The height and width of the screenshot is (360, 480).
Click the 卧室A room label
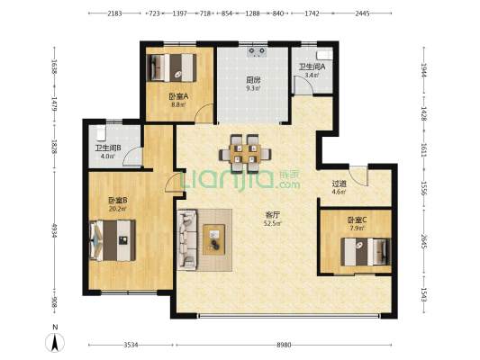179,96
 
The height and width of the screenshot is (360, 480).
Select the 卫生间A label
312,67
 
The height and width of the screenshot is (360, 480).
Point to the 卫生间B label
108,148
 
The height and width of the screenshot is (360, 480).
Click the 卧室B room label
118,201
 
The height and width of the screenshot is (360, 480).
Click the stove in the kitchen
257,52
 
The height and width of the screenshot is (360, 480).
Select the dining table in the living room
245,154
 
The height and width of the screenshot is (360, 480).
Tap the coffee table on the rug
214,239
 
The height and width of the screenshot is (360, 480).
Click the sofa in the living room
187,239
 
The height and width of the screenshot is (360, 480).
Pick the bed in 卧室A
172,67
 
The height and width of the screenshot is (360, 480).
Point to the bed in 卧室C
367,252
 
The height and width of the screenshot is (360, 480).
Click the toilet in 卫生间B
101,132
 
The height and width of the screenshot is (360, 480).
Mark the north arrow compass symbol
55,343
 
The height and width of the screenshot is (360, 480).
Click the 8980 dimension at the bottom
284,345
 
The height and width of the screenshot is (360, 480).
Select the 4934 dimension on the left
54,230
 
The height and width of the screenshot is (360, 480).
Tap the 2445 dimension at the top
362,13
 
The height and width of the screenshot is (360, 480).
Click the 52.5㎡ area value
272,223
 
